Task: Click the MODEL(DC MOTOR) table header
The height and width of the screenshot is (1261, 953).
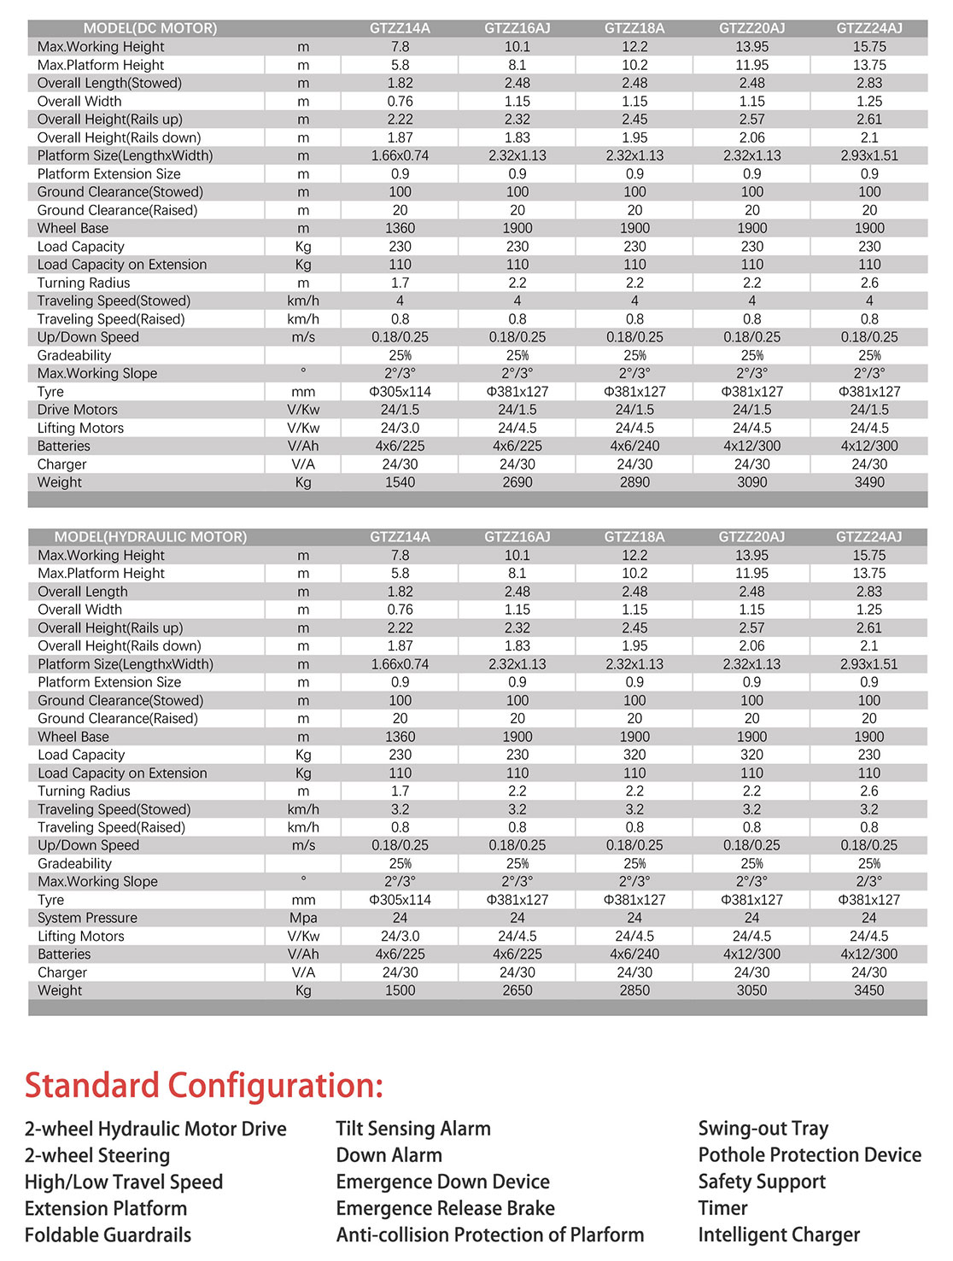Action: (150, 28)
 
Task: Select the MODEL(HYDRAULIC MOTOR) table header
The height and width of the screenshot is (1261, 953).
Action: (150, 537)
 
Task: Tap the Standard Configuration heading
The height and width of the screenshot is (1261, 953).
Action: (204, 1086)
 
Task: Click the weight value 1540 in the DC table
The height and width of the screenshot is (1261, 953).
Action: (400, 482)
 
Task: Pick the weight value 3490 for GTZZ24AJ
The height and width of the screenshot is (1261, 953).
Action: (869, 482)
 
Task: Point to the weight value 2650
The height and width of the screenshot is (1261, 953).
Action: (517, 990)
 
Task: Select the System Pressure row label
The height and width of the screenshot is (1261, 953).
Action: (87, 918)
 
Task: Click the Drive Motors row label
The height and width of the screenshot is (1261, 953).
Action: (78, 410)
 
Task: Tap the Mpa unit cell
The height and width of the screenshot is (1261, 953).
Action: (303, 918)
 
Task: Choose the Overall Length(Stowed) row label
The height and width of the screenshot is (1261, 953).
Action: (109, 83)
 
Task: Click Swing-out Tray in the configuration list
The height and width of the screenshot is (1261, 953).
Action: (763, 1129)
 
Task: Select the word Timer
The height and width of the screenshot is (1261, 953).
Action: (722, 1208)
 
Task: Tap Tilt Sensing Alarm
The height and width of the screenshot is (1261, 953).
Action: (413, 1129)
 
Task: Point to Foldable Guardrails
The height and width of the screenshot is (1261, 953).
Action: (108, 1235)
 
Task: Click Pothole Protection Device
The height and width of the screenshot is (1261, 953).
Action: (810, 1155)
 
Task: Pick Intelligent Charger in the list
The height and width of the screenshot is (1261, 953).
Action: (779, 1235)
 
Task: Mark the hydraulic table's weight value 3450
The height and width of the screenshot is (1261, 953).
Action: (869, 990)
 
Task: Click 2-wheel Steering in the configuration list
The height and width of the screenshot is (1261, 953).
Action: (97, 1156)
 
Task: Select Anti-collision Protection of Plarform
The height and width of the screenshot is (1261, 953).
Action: (490, 1235)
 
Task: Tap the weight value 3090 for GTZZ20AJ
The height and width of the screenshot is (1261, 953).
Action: (752, 482)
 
